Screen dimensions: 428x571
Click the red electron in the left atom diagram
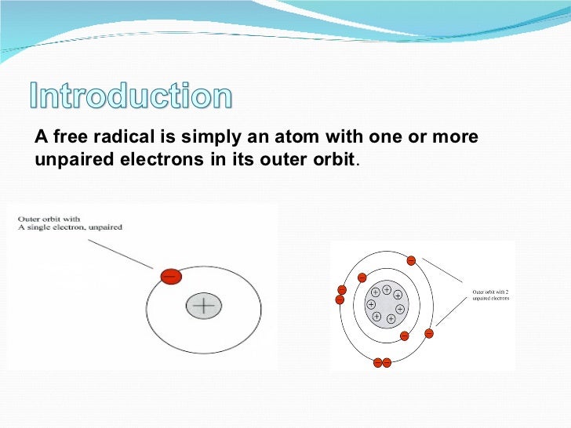pyautogui.click(x=170, y=276)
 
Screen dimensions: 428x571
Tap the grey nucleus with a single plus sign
pyautogui.click(x=204, y=306)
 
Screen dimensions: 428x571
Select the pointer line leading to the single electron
pyautogui.click(x=122, y=253)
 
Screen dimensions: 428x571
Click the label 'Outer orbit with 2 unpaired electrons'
pyautogui.click(x=490, y=295)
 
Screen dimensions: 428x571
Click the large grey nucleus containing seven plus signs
pyautogui.click(x=386, y=304)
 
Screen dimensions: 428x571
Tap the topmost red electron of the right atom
pyautogui.click(x=411, y=260)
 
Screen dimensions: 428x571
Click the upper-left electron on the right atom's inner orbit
pyautogui.click(x=362, y=277)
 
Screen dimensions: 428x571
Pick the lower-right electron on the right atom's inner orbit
pyautogui.click(x=404, y=336)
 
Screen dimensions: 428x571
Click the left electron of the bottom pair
pyautogui.click(x=377, y=362)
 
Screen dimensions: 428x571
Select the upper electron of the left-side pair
pyautogui.click(x=341, y=290)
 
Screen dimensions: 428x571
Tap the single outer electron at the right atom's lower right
pyautogui.click(x=428, y=333)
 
